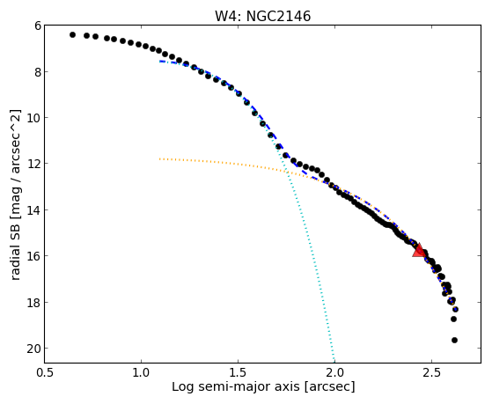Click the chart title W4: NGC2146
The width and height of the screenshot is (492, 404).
[262, 16]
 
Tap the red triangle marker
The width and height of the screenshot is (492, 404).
[419, 250]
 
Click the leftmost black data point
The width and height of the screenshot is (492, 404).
[72, 34]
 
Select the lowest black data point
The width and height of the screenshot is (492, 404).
[454, 340]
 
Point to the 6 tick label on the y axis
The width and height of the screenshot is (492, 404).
[38, 26]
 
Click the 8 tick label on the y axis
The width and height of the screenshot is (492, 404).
[38, 72]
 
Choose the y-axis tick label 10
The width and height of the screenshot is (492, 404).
[34, 118]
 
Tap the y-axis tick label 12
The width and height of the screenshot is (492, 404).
[34, 165]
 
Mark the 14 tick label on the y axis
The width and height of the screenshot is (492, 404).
[34, 210]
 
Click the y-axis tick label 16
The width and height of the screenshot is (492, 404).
[34, 256]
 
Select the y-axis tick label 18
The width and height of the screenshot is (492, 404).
[34, 302]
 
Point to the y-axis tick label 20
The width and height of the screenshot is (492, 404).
[34, 349]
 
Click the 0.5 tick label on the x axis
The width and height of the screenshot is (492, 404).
[45, 372]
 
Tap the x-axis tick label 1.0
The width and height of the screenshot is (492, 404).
[141, 372]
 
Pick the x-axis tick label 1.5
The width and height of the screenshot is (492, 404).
[239, 372]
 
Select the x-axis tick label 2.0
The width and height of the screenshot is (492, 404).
[334, 372]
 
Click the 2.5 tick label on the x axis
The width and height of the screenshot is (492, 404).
[432, 372]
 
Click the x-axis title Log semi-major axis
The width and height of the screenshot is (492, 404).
[236, 386]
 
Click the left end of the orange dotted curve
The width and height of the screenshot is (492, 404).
[159, 158]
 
